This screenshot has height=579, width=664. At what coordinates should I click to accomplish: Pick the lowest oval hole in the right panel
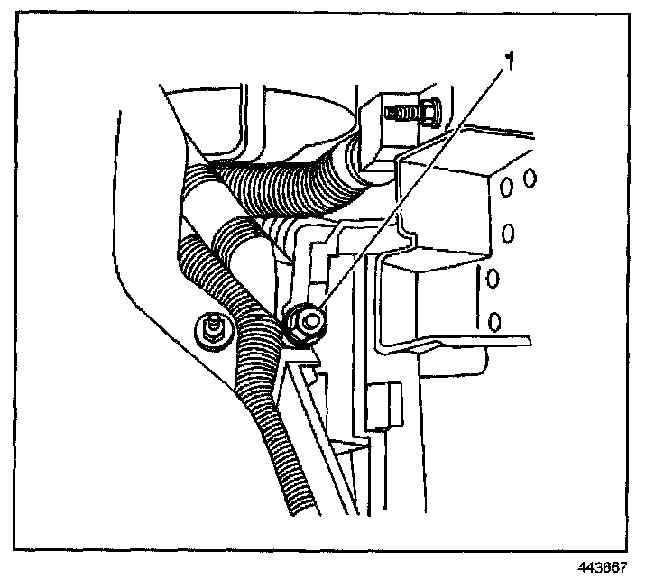point(494,320)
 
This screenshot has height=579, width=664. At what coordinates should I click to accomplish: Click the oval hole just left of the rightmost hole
point(507,186)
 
